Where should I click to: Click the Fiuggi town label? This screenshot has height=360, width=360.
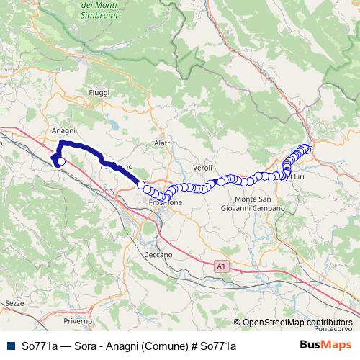pyautogui.click(x=99, y=94)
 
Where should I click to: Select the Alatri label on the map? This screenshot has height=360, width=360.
pyautogui.click(x=163, y=143)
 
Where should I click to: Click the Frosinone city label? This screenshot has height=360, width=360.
pyautogui.click(x=166, y=203)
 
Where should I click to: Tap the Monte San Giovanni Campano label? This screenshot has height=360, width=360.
pyautogui.click(x=259, y=203)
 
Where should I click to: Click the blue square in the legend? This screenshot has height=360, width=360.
pyautogui.click(x=9, y=346)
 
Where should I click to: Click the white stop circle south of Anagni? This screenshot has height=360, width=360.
pyautogui.click(x=61, y=162)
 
